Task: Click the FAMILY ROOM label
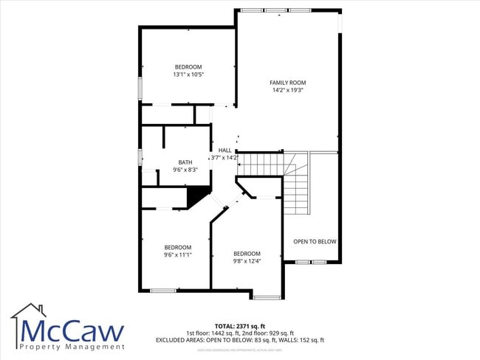(x=287, y=83)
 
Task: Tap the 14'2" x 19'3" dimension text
(x=287, y=90)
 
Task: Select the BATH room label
(x=185, y=162)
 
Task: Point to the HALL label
(x=224, y=150)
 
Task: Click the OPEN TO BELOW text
(x=315, y=241)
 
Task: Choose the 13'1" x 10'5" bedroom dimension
(x=188, y=74)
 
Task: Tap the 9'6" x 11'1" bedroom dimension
(x=177, y=255)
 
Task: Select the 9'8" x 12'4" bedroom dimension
(x=247, y=260)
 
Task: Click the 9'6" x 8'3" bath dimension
(x=185, y=170)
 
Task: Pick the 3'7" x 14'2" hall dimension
(x=224, y=157)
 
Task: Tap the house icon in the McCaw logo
(x=27, y=313)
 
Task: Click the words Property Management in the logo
(x=72, y=346)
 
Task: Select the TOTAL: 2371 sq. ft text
(x=240, y=325)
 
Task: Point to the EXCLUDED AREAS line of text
(x=240, y=340)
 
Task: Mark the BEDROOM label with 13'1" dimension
(x=188, y=66)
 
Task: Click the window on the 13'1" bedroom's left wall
(x=140, y=88)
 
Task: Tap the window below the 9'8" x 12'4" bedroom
(x=267, y=297)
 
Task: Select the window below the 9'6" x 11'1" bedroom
(x=163, y=291)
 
